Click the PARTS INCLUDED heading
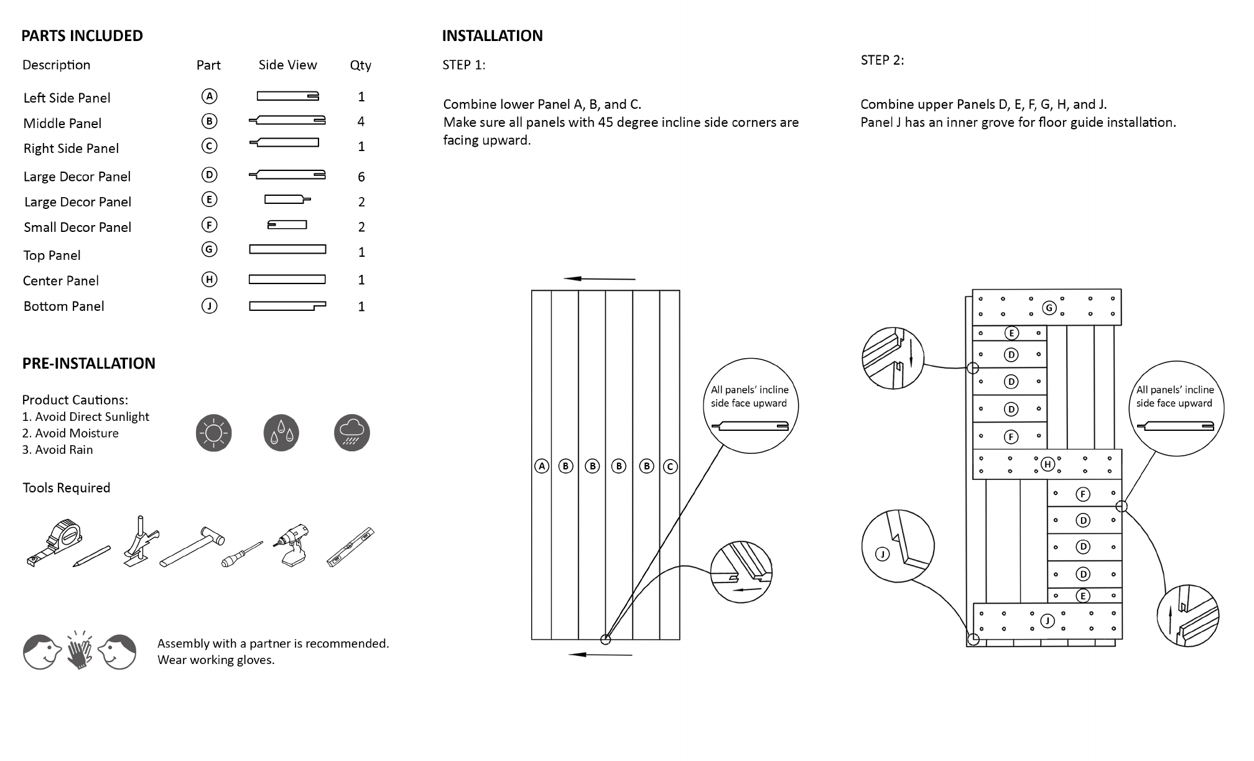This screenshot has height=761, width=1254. [82, 35]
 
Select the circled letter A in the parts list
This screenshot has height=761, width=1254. [210, 96]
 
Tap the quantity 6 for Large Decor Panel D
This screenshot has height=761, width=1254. [361, 177]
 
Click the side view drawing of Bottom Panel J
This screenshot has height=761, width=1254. [287, 306]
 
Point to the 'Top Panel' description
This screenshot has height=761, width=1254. [52, 255]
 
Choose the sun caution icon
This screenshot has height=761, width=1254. [213, 433]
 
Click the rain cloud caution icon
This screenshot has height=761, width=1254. [352, 433]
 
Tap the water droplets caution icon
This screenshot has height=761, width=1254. [281, 433]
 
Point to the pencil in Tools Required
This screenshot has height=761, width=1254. [91, 556]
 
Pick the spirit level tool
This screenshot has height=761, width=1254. [351, 547]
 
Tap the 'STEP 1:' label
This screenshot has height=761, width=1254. [463, 65]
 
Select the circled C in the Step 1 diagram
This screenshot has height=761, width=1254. [670, 466]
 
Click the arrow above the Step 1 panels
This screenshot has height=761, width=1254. [600, 279]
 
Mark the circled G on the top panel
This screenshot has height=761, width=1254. [1049, 308]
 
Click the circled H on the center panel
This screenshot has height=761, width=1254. [1047, 464]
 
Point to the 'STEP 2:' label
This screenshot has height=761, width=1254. [882, 60]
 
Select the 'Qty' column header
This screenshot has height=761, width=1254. [361, 65]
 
